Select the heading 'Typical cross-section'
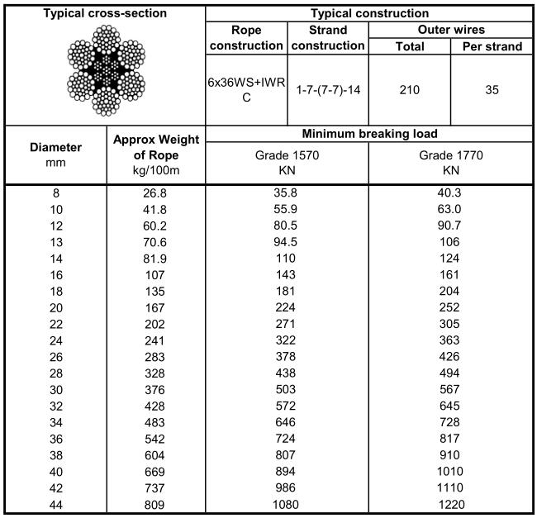[x=104, y=13]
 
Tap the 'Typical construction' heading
[x=368, y=13]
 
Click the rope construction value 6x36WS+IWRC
[x=246, y=91]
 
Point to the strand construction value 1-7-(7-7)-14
[x=328, y=91]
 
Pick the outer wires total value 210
[x=409, y=91]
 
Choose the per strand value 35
[x=492, y=91]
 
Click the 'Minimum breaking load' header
[x=368, y=133]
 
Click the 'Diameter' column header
[x=55, y=154]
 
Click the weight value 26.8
[x=155, y=193]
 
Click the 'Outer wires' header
[x=450, y=30]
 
